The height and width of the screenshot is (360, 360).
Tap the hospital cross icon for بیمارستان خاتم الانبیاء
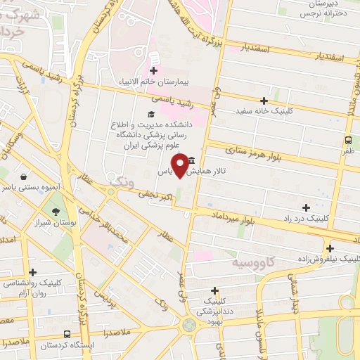(x=154, y=70)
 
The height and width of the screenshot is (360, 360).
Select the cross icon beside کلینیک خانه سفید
(x=264, y=101)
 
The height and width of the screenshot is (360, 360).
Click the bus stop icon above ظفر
(x=349, y=140)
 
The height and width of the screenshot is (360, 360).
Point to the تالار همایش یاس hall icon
(x=191, y=161)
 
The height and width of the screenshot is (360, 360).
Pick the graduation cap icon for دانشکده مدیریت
(x=150, y=114)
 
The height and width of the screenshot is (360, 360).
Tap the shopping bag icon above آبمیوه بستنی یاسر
(x=25, y=176)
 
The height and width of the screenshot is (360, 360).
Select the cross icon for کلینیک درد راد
(x=305, y=207)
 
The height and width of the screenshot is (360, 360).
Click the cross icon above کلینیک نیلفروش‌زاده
(x=329, y=247)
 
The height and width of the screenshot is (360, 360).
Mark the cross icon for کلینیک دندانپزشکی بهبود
(x=214, y=290)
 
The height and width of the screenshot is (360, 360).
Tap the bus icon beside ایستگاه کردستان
(x=67, y=334)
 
